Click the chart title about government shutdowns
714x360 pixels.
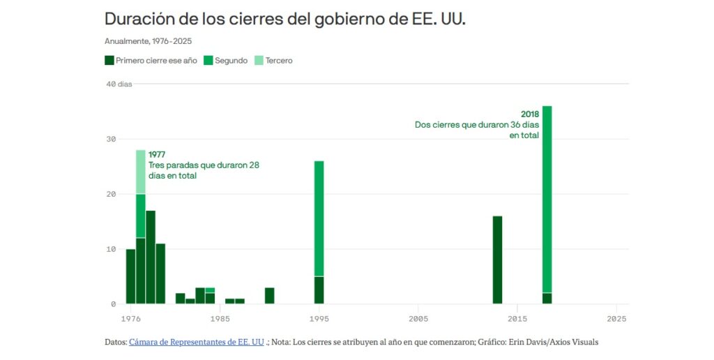coord(284,19)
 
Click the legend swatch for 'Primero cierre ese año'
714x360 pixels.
coord(109,61)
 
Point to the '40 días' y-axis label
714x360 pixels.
coord(119,84)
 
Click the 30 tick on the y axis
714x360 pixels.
coord(110,140)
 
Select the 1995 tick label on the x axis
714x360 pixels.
coord(319,319)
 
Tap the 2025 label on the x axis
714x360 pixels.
coord(617,319)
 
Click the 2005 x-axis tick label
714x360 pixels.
coord(418,319)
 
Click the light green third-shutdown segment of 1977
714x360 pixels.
coord(141,172)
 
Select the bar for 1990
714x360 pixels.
coord(270,296)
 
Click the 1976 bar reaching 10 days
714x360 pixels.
coord(130,276)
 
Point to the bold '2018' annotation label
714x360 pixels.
coord(530,114)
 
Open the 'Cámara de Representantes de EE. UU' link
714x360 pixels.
coord(197,342)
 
